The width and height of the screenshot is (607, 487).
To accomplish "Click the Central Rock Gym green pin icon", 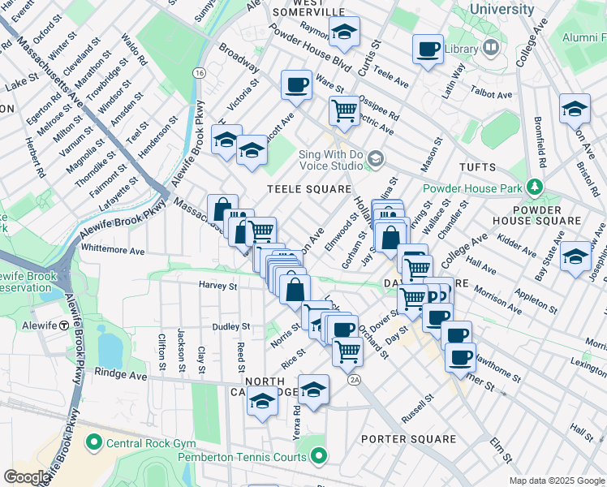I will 94,442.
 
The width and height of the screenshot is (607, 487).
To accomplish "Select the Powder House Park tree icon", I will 533,187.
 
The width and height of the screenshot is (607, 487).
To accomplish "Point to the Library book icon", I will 490,49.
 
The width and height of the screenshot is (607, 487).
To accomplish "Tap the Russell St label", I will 419,403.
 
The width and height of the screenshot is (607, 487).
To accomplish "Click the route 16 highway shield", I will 199,73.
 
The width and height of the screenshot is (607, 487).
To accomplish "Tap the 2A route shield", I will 353,379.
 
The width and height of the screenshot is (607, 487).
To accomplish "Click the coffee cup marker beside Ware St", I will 297,84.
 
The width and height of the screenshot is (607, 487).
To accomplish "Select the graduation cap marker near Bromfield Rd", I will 575,108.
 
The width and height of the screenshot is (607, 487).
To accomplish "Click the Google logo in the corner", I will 27,477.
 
